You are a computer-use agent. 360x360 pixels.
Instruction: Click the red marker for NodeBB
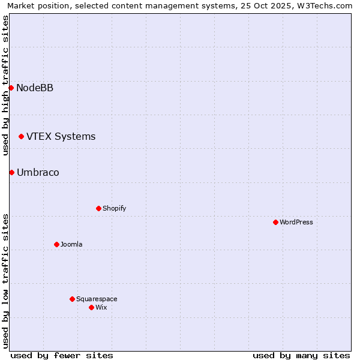[11, 88]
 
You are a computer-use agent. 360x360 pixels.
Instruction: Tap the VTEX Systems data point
[21, 137]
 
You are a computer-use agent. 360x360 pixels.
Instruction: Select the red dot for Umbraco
[11, 173]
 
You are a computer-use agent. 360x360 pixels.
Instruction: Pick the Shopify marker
[98, 208]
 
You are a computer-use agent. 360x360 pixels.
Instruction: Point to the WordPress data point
[275, 222]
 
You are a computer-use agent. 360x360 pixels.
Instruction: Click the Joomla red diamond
[56, 244]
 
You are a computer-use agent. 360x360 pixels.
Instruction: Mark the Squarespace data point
[72, 299]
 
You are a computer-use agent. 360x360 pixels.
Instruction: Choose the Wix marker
[91, 307]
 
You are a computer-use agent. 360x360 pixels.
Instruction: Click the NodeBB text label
[35, 88]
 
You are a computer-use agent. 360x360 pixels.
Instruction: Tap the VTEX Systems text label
[61, 137]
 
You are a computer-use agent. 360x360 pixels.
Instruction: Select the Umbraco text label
[38, 173]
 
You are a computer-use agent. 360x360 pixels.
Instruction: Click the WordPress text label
[296, 222]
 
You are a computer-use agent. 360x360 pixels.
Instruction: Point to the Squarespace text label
[97, 299]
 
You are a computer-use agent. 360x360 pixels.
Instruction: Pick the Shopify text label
[114, 208]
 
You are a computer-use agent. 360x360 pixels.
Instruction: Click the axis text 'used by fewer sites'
[62, 355]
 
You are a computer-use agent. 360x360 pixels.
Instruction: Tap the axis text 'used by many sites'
[301, 355]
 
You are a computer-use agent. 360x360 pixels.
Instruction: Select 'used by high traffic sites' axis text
[5, 85]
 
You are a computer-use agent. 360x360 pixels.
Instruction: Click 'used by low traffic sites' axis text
[5, 281]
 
